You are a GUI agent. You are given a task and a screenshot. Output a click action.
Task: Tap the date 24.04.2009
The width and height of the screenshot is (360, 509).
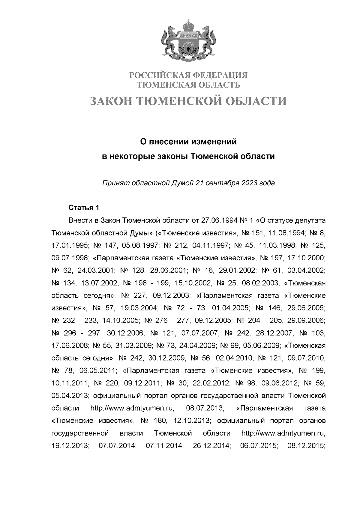coord(197,346)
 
